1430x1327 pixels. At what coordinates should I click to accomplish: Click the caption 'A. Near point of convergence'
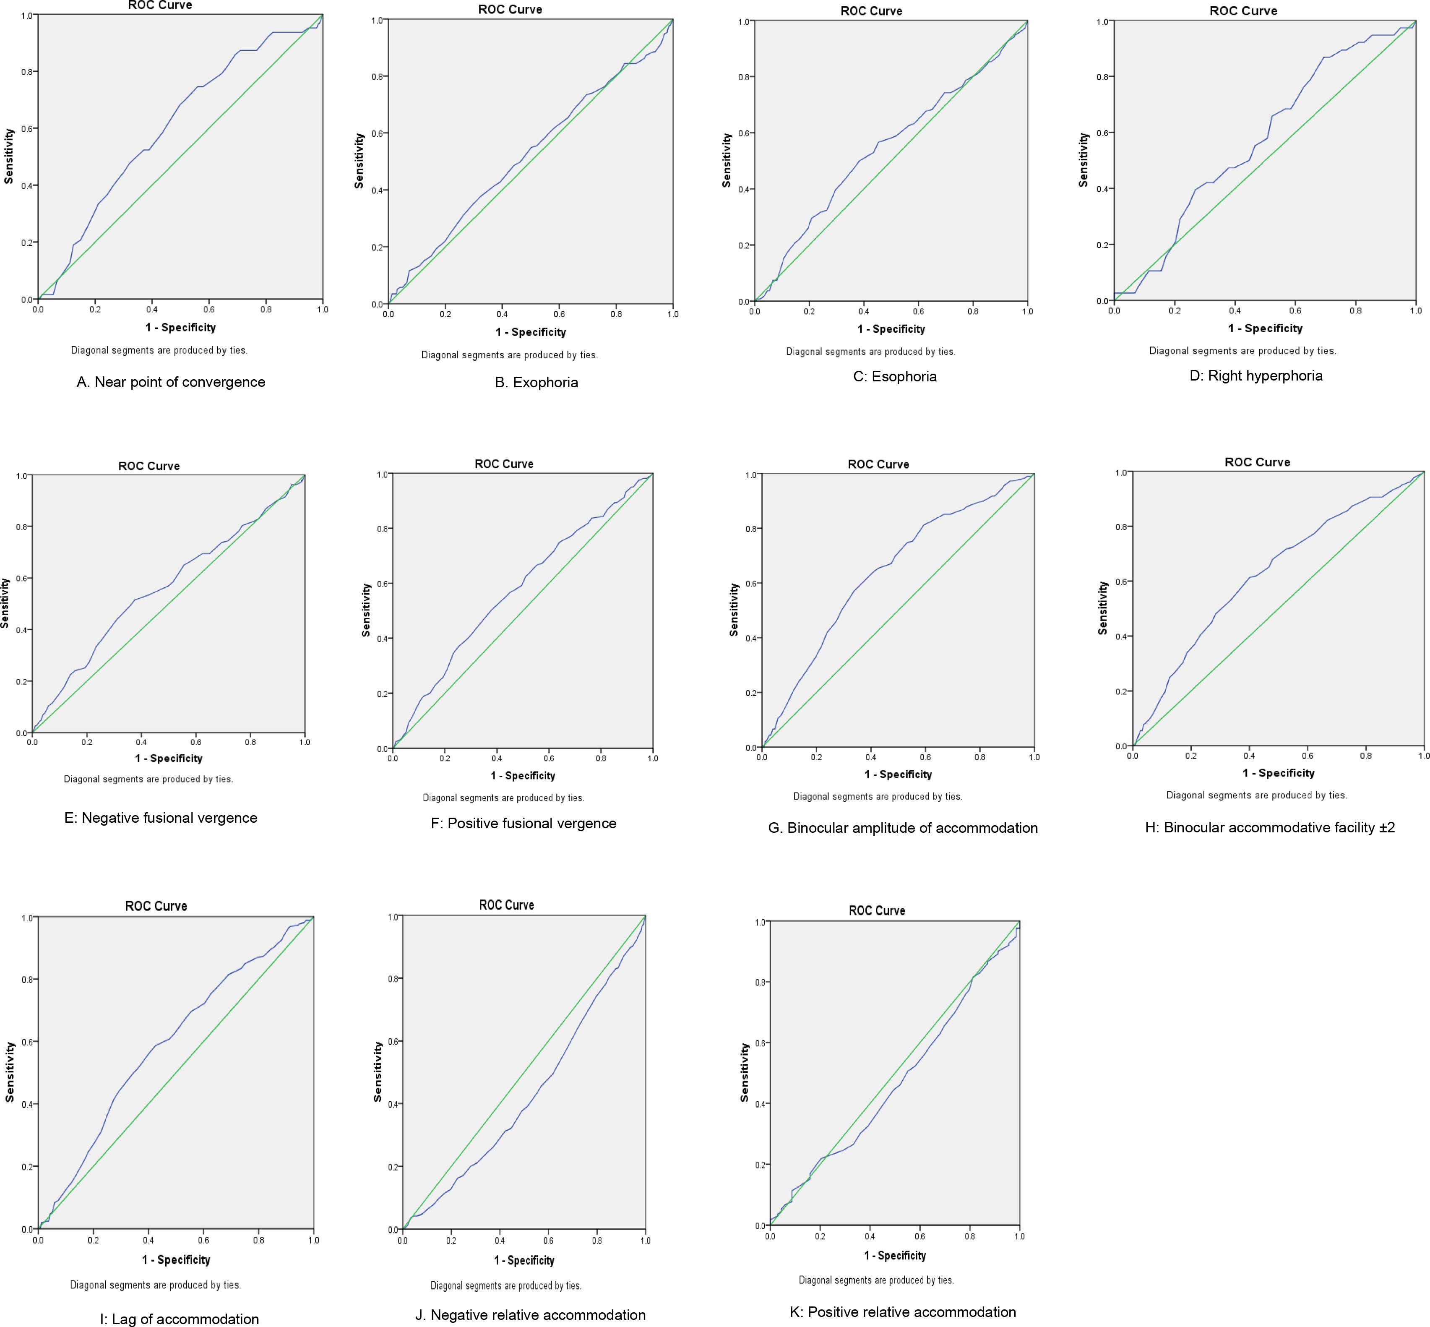(x=171, y=382)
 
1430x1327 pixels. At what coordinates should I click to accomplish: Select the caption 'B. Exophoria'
(x=536, y=383)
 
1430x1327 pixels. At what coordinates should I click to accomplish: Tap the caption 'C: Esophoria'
(x=894, y=376)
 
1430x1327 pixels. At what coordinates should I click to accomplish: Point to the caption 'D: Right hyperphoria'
(x=1255, y=375)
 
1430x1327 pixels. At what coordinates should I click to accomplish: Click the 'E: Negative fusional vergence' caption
(x=161, y=818)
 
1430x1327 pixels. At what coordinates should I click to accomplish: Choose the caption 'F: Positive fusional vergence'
(x=524, y=824)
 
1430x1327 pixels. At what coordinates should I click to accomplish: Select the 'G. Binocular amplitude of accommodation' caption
(x=902, y=828)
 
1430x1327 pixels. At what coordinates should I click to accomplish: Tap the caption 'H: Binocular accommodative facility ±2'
(x=1270, y=827)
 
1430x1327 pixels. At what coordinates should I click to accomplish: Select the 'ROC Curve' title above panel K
(x=877, y=910)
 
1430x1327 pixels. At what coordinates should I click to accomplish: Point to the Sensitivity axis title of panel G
(x=734, y=609)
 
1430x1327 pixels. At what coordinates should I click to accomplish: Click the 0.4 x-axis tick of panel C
(x=864, y=312)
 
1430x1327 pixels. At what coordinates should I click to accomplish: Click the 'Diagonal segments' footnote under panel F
(x=503, y=798)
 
